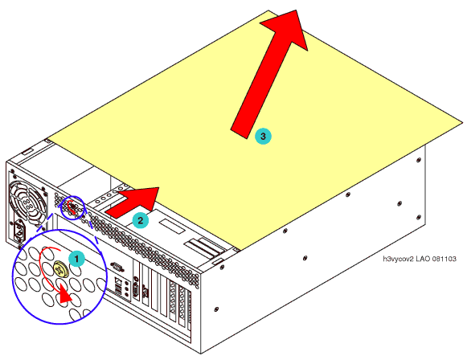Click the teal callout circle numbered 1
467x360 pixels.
(x=76, y=259)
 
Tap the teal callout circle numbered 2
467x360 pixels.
(x=141, y=220)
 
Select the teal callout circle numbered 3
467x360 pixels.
(x=263, y=136)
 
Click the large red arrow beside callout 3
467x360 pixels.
(x=269, y=75)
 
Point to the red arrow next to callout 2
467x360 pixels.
(x=133, y=202)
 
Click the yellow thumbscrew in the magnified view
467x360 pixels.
(x=61, y=269)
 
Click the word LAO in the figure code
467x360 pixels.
(x=424, y=259)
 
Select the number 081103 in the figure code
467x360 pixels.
(x=444, y=259)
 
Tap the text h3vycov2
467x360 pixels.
(x=398, y=259)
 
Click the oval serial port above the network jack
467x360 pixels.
(x=117, y=266)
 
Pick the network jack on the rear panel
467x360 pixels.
(x=118, y=280)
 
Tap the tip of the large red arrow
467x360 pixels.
(x=297, y=10)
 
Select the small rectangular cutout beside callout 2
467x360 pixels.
(x=172, y=226)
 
